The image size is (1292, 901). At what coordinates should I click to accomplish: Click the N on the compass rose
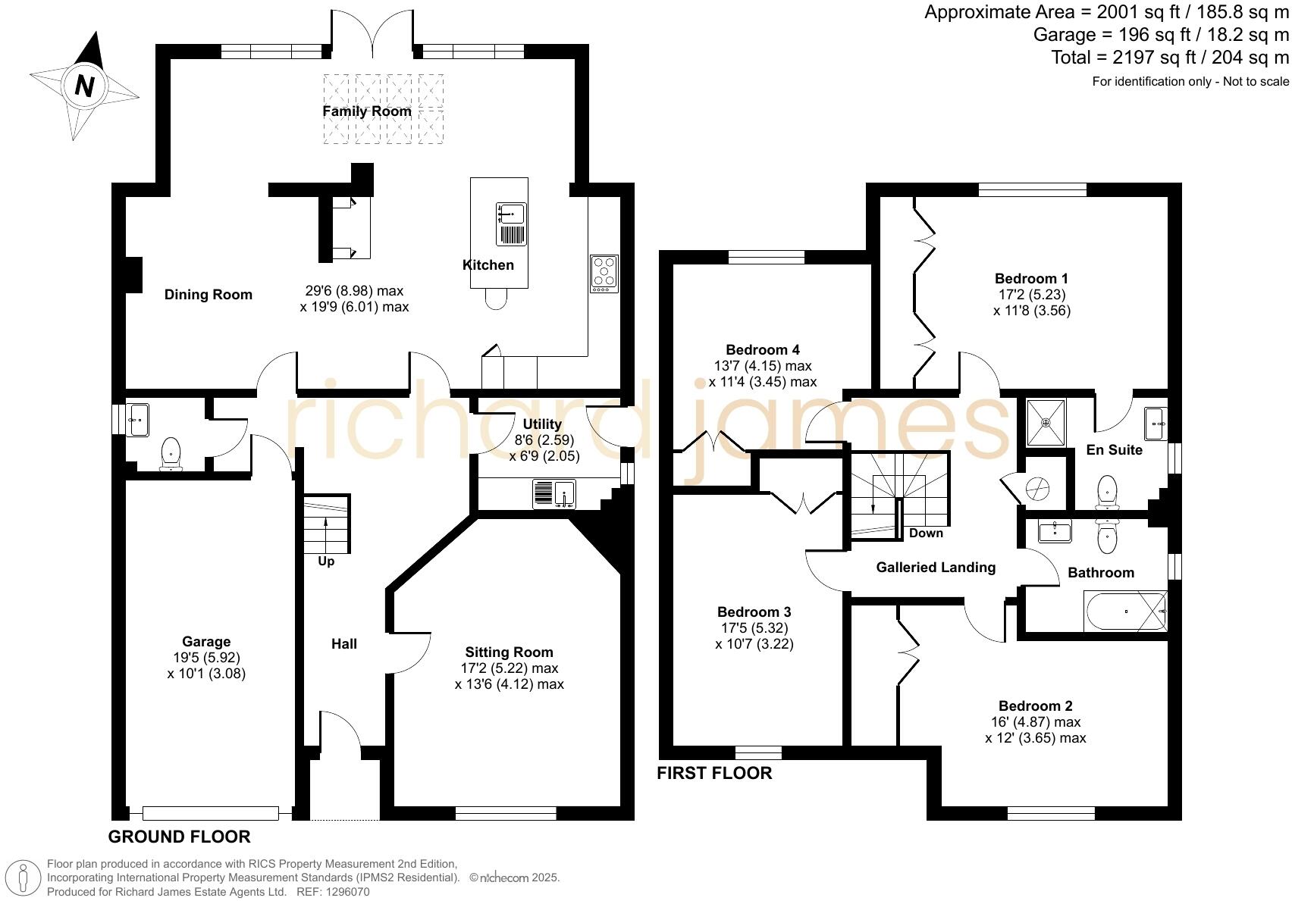click(85, 86)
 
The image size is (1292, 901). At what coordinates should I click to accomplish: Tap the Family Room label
click(367, 111)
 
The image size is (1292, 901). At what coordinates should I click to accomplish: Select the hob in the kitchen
click(604, 274)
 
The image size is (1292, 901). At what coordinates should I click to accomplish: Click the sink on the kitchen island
click(511, 224)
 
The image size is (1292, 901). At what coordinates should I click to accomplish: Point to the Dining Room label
click(209, 295)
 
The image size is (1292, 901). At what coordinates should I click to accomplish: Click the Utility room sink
click(554, 493)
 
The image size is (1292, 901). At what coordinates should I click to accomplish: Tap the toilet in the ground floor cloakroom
click(171, 454)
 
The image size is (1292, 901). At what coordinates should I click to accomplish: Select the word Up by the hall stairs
click(326, 562)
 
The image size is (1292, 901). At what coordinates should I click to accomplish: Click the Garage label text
click(206, 642)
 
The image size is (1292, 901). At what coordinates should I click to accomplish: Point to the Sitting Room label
click(509, 652)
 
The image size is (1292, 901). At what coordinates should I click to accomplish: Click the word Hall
click(343, 644)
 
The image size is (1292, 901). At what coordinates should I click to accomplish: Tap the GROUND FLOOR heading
click(180, 837)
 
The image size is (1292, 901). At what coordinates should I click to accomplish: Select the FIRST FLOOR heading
click(714, 773)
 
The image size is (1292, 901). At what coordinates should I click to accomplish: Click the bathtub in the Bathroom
click(1125, 611)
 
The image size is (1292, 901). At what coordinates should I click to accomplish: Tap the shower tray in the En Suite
click(1046, 423)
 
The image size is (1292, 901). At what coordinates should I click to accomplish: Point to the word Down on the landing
click(926, 533)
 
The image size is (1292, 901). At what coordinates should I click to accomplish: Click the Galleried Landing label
click(936, 568)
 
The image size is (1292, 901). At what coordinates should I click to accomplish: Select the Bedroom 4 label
click(763, 350)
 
